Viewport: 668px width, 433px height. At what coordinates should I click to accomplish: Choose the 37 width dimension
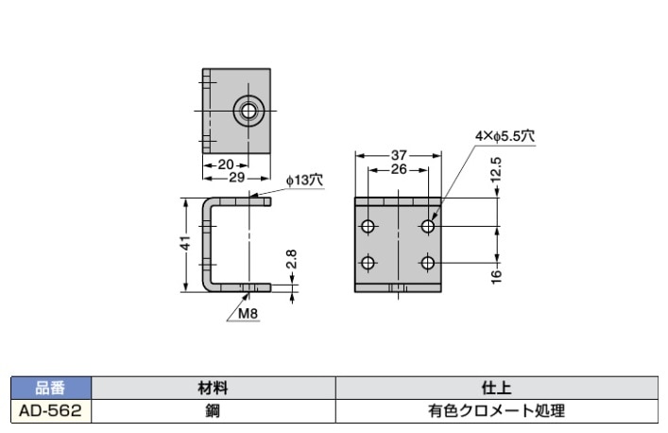coord(399,155)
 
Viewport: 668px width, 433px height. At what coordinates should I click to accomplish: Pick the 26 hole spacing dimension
coord(399,169)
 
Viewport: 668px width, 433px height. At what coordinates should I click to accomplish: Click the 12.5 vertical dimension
coord(496,174)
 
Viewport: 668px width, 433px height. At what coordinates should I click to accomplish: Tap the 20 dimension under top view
coord(225,164)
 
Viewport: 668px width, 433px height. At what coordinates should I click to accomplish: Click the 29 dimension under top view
coord(237,177)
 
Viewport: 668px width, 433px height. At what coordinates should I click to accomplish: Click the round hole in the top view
coord(248,111)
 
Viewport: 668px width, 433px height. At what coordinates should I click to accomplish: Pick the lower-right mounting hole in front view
coord(429,263)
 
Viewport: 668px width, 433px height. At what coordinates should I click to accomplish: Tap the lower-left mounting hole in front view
coord(368,263)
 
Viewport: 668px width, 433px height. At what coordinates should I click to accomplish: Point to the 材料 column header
coord(214,388)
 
